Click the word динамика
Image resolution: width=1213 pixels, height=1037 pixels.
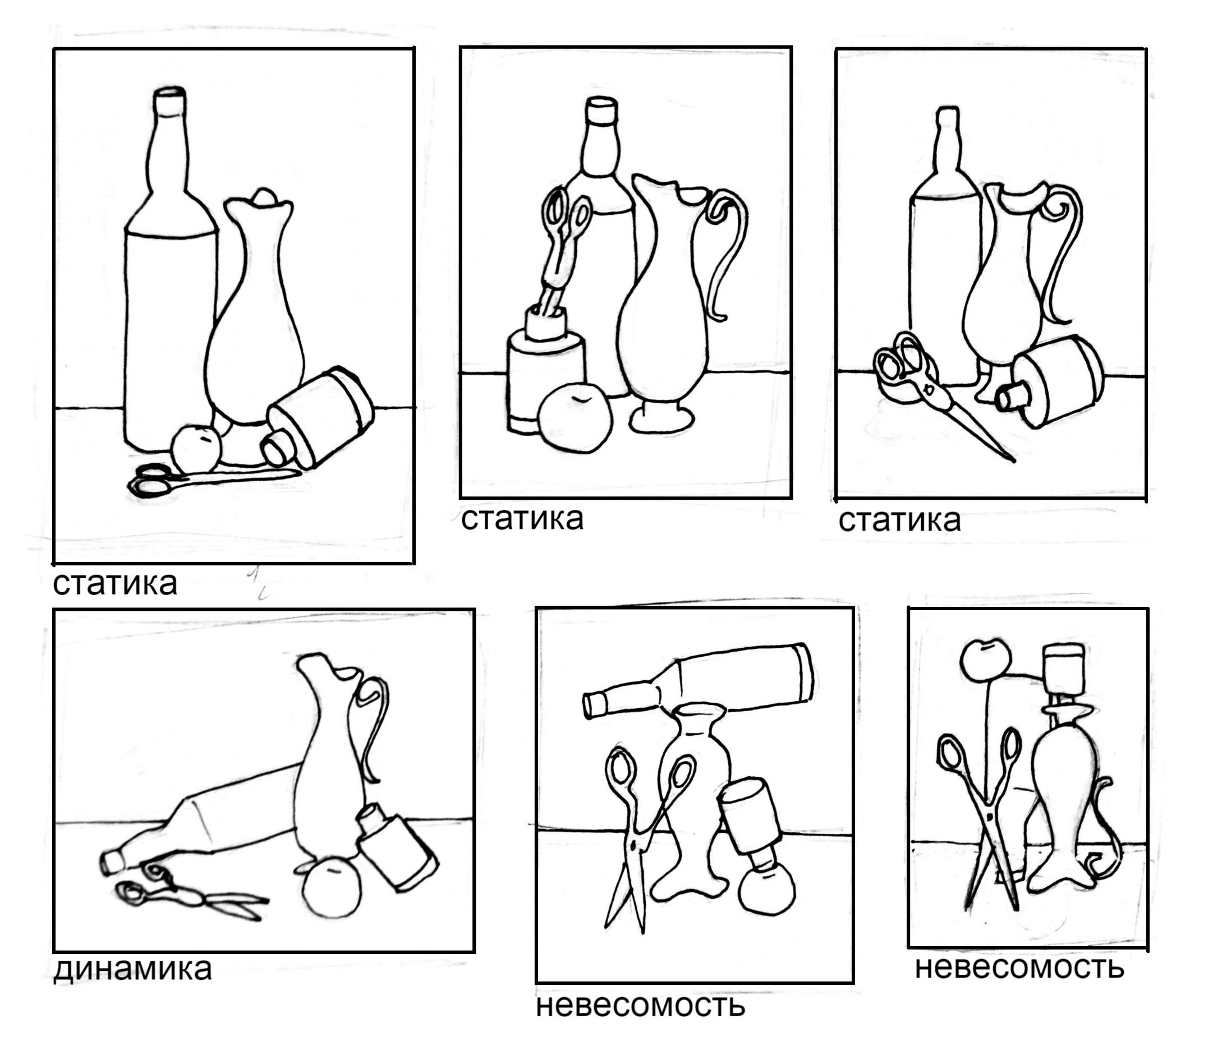132,969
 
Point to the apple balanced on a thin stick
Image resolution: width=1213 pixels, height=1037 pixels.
985,660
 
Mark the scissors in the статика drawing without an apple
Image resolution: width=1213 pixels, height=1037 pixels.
931,389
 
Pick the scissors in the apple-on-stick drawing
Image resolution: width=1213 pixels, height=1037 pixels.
984,819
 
